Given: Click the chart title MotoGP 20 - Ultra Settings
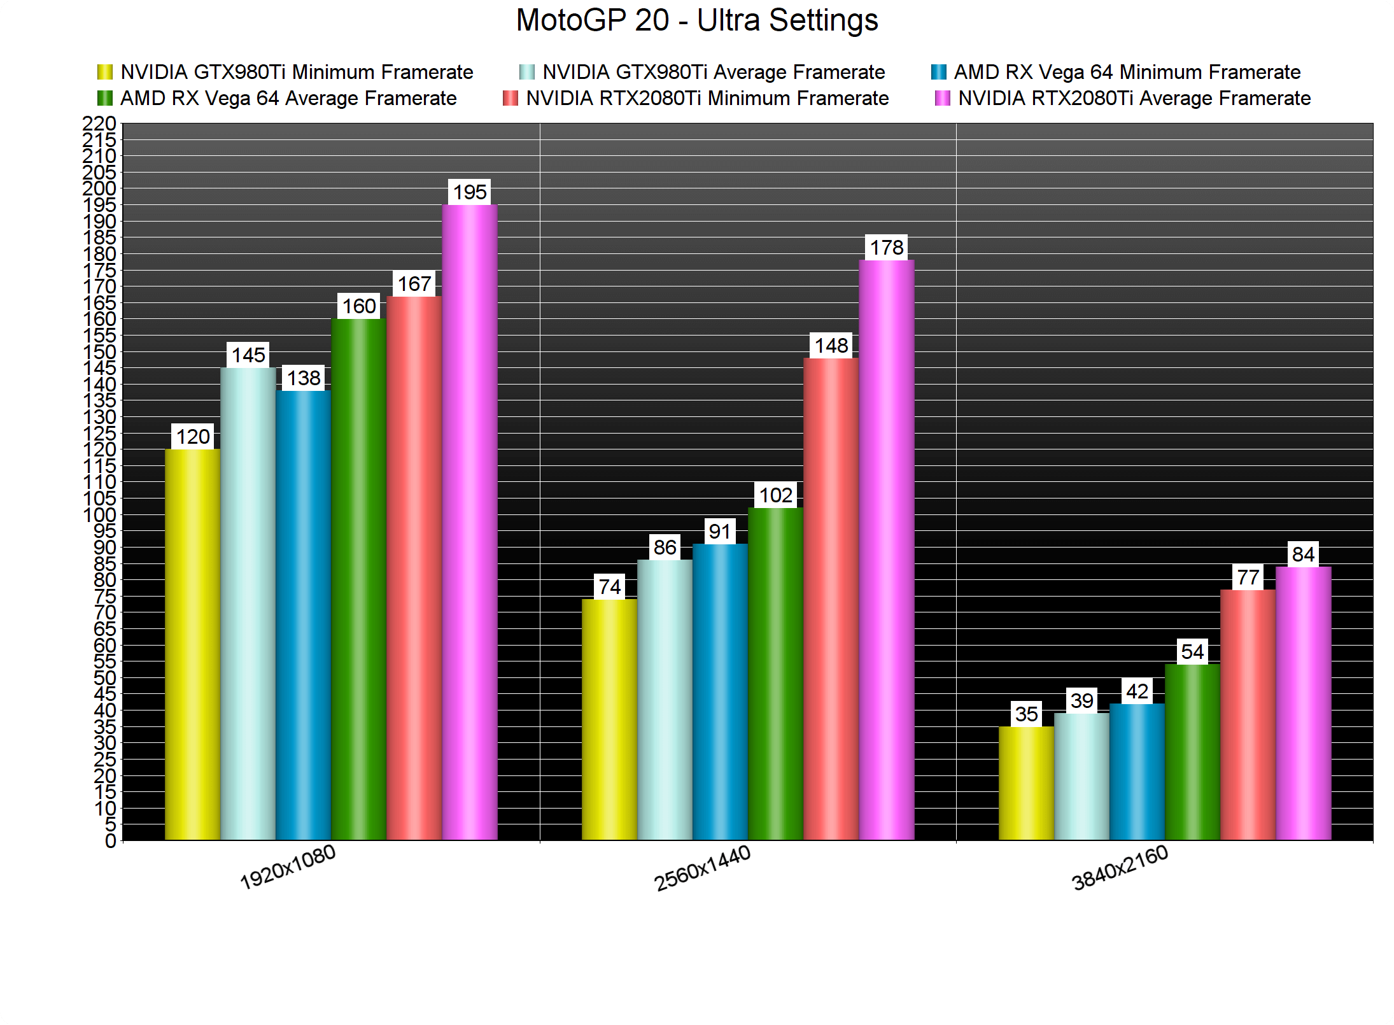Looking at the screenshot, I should [697, 20].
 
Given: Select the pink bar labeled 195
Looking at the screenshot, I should [470, 522].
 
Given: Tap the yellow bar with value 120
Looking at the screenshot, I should [192, 644].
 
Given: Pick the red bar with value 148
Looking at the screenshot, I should [831, 598].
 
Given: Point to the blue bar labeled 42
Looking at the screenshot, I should [1137, 772].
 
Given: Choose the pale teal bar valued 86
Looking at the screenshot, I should [665, 700].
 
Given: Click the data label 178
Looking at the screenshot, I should [887, 247].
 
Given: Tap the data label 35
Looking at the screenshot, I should [1026, 714].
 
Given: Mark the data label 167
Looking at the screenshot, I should [414, 283].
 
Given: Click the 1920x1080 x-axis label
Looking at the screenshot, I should [288, 867].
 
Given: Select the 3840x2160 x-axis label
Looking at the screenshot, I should [1120, 868].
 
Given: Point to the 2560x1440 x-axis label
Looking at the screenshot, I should [703, 868].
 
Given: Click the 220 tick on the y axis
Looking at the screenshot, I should [99, 123].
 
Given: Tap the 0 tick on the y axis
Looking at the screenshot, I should [110, 841].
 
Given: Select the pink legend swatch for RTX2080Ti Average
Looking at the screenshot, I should [942, 99].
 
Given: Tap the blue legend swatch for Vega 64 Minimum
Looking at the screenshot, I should [938, 72].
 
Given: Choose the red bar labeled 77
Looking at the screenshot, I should [1248, 714].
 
